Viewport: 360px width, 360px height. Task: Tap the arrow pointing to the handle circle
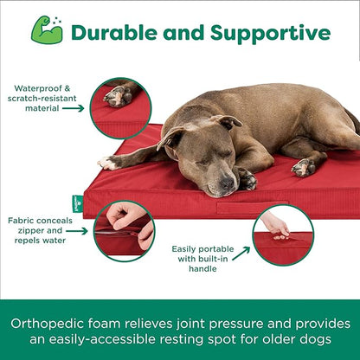(240, 254)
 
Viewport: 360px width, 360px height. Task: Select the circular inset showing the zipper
(124, 230)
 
